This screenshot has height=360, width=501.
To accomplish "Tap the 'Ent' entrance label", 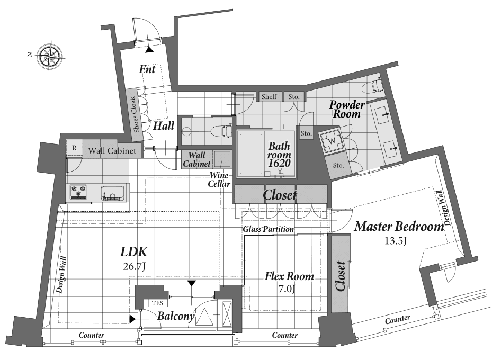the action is point(147,69).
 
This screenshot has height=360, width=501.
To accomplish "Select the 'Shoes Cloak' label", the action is point(135,115).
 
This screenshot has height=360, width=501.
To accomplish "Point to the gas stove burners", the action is point(78,192).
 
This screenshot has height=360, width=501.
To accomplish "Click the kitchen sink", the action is point(112,193).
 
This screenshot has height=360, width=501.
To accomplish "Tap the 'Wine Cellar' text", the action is point(219,179).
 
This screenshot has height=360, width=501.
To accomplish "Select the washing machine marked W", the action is point(332,140).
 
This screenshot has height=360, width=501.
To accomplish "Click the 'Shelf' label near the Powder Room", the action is point(269,96).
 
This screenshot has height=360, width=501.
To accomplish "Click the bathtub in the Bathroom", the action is point(251,154).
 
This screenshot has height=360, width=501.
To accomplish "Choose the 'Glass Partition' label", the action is point(269,229).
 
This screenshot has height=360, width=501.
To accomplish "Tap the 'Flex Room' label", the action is point(289,276).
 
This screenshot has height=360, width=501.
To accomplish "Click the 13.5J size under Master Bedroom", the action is point(395,240).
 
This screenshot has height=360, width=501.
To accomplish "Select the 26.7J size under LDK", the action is point(134,266).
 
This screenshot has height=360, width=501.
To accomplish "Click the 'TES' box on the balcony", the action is point(157,303).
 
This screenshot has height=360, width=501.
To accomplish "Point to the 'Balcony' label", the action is point(176,316).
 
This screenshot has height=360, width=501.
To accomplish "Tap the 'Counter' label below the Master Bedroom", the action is point(398,319).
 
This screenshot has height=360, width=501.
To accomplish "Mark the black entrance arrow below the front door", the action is point(149,50).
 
